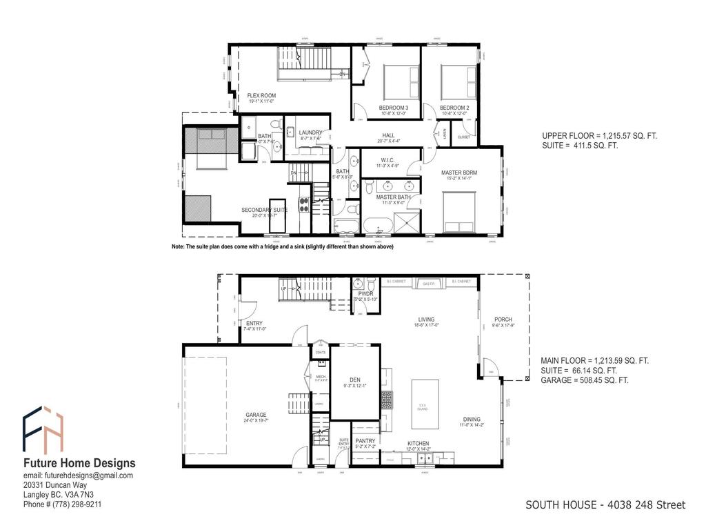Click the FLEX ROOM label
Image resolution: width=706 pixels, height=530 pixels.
coord(262,95)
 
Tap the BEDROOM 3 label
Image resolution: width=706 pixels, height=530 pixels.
coord(394,108)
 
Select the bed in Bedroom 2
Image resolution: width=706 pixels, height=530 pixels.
coord(458,81)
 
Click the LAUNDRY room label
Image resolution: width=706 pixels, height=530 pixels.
coord(311,132)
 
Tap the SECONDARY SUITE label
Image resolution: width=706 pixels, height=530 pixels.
coord(263,210)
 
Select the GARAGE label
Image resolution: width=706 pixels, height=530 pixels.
coord(256,415)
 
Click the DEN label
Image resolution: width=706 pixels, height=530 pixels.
coord(355,380)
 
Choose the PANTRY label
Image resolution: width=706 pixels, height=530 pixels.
coord(365,440)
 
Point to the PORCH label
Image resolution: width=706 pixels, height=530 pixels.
coord(503,320)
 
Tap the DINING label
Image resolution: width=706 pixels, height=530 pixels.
coord(472,420)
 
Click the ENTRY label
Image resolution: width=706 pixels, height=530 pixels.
coord(254,323)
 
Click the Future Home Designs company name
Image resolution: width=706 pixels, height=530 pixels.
coord(79,463)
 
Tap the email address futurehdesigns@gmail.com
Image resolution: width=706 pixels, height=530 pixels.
coord(78,475)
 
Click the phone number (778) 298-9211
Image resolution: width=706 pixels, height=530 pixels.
coord(63,504)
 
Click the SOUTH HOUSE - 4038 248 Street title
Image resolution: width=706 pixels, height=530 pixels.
coord(605,505)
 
